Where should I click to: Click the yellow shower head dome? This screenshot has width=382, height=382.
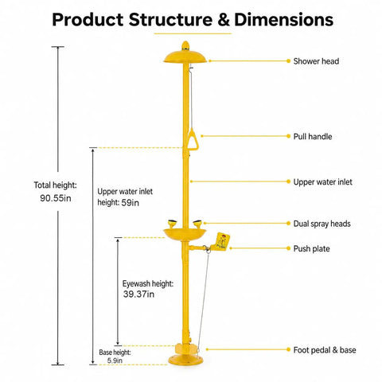(x=185, y=57)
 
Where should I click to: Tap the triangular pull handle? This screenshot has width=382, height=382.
(x=193, y=139)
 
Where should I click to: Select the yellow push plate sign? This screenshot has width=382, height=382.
(x=222, y=241)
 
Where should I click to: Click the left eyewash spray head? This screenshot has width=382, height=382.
(x=172, y=224)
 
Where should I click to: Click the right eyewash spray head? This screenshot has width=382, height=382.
(x=197, y=224)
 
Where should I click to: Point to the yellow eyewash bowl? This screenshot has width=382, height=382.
(x=185, y=235)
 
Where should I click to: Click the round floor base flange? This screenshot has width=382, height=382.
(x=185, y=360)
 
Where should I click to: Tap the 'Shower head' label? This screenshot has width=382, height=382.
(x=316, y=61)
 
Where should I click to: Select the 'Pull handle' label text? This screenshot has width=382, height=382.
(x=313, y=137)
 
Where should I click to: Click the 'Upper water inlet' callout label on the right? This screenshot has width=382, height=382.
(x=322, y=182)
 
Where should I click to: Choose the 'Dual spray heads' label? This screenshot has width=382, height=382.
(x=322, y=224)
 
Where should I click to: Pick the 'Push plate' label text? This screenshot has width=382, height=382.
(x=311, y=249)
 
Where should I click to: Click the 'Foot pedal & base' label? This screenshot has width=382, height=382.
(x=325, y=350)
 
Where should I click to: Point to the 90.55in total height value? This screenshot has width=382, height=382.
(x=56, y=198)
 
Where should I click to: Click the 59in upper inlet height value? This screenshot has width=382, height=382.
(x=130, y=203)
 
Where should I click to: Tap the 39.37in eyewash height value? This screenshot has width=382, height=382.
(x=138, y=294)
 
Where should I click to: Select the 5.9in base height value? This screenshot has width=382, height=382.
(x=115, y=361)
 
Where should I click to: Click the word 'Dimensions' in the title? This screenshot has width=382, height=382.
(x=283, y=20)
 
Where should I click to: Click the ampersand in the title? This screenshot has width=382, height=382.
(x=224, y=20)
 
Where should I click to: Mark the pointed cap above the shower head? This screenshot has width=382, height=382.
(x=185, y=45)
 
